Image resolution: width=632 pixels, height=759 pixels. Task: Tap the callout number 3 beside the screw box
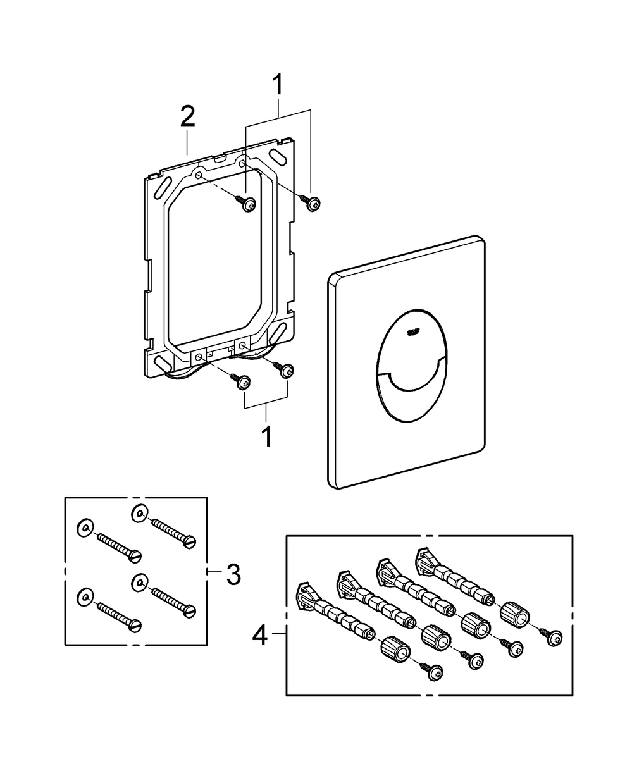pos(233,574)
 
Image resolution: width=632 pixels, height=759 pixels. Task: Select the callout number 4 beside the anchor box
pos(260,635)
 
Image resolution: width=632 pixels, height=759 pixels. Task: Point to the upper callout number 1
pos(277,87)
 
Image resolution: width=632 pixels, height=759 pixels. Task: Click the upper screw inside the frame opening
pos(249,204)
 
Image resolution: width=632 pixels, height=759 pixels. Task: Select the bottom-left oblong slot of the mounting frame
pos(162,366)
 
